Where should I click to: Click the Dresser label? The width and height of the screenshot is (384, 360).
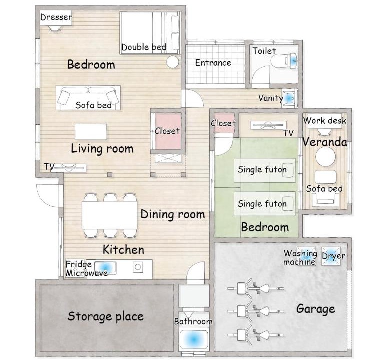point(56,17)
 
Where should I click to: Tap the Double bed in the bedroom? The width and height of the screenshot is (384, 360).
point(150,33)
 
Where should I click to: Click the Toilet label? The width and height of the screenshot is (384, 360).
point(264,51)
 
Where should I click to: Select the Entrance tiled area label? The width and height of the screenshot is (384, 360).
point(213,63)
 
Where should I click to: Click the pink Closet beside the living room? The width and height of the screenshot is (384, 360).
point(168,131)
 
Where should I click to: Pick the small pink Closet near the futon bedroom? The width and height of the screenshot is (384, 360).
point(224,123)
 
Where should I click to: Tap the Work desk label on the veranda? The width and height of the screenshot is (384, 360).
point(325,121)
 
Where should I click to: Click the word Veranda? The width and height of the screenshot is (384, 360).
point(325,142)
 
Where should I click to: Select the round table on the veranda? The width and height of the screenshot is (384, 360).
point(325,157)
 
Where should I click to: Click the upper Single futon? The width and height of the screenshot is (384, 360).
point(265,170)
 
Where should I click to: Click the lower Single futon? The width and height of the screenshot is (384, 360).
point(265,204)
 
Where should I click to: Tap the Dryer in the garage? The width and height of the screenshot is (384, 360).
point(331,256)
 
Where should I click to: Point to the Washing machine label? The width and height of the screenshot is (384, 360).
point(300,258)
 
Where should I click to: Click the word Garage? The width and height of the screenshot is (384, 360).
point(316,309)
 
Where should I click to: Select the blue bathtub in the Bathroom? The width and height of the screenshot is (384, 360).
point(194,339)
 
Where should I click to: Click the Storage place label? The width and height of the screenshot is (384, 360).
point(106,316)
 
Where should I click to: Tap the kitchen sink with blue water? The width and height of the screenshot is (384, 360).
point(105,268)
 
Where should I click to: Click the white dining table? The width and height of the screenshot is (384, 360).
point(109,215)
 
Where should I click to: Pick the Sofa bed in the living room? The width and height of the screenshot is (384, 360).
point(88,98)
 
